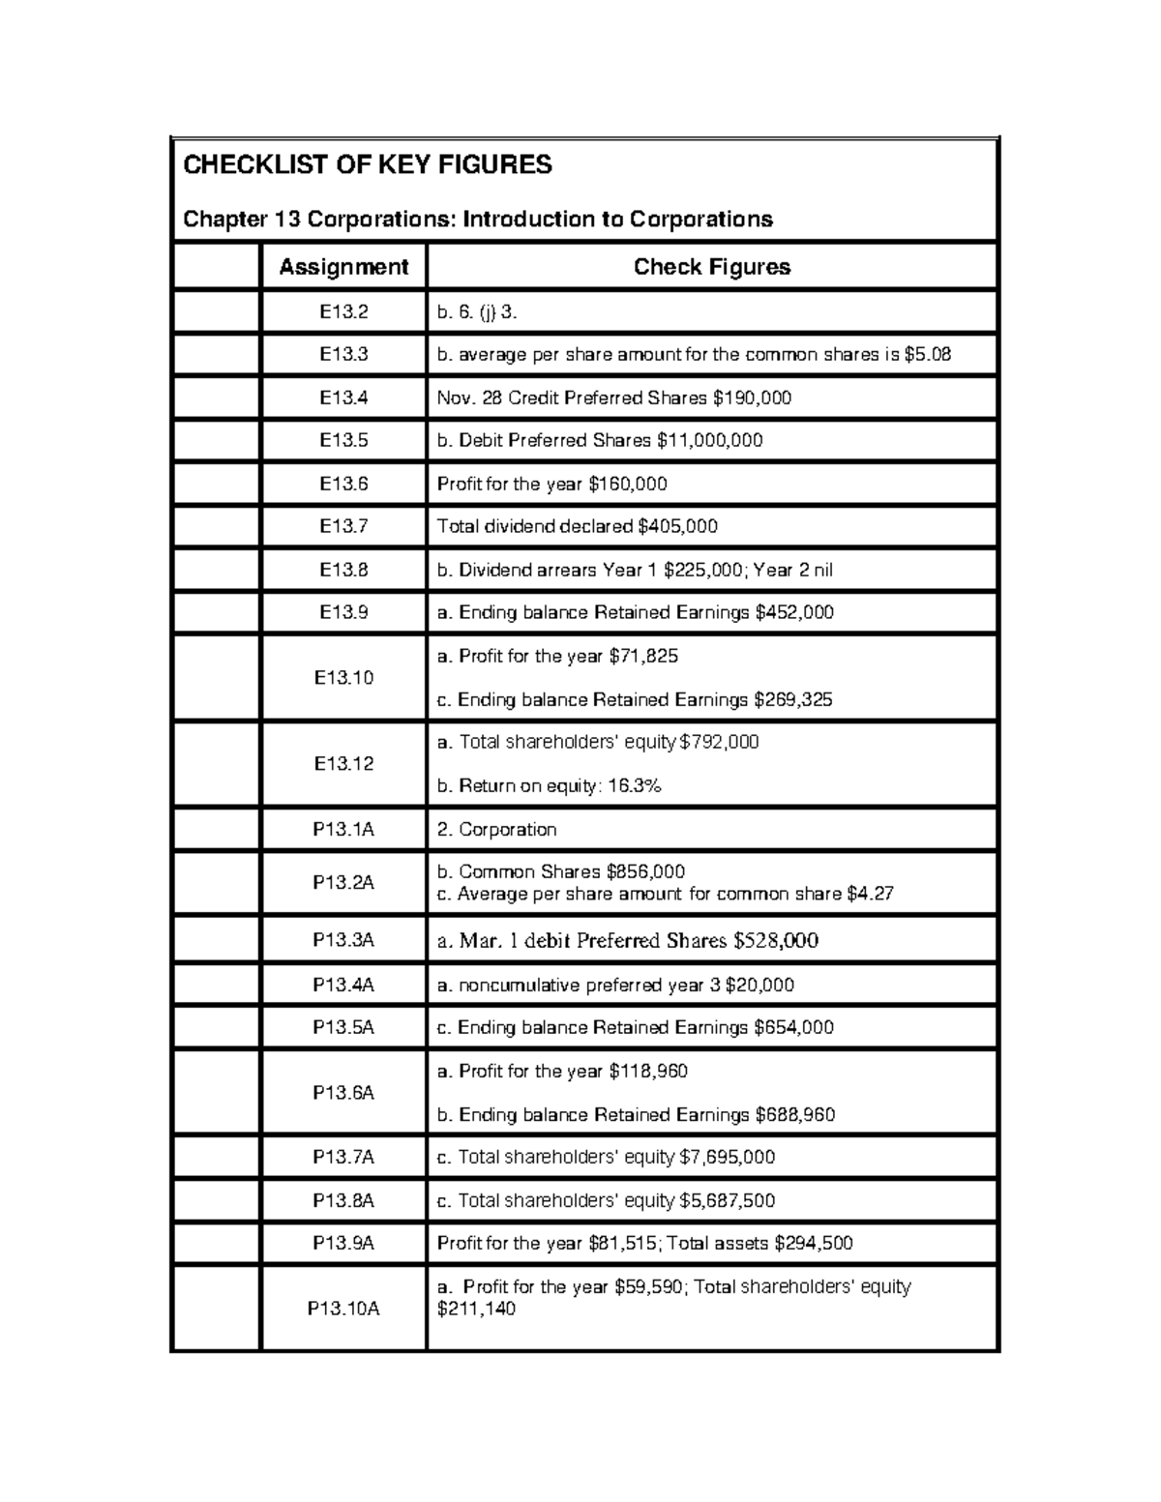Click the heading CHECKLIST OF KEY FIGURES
pos(368,165)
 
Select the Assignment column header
pos(343,267)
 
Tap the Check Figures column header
pos(711,267)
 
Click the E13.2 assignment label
pos(343,311)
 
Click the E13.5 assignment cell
pos(343,440)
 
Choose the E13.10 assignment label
pos(343,677)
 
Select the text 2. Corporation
pos(496,830)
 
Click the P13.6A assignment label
pos(343,1092)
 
